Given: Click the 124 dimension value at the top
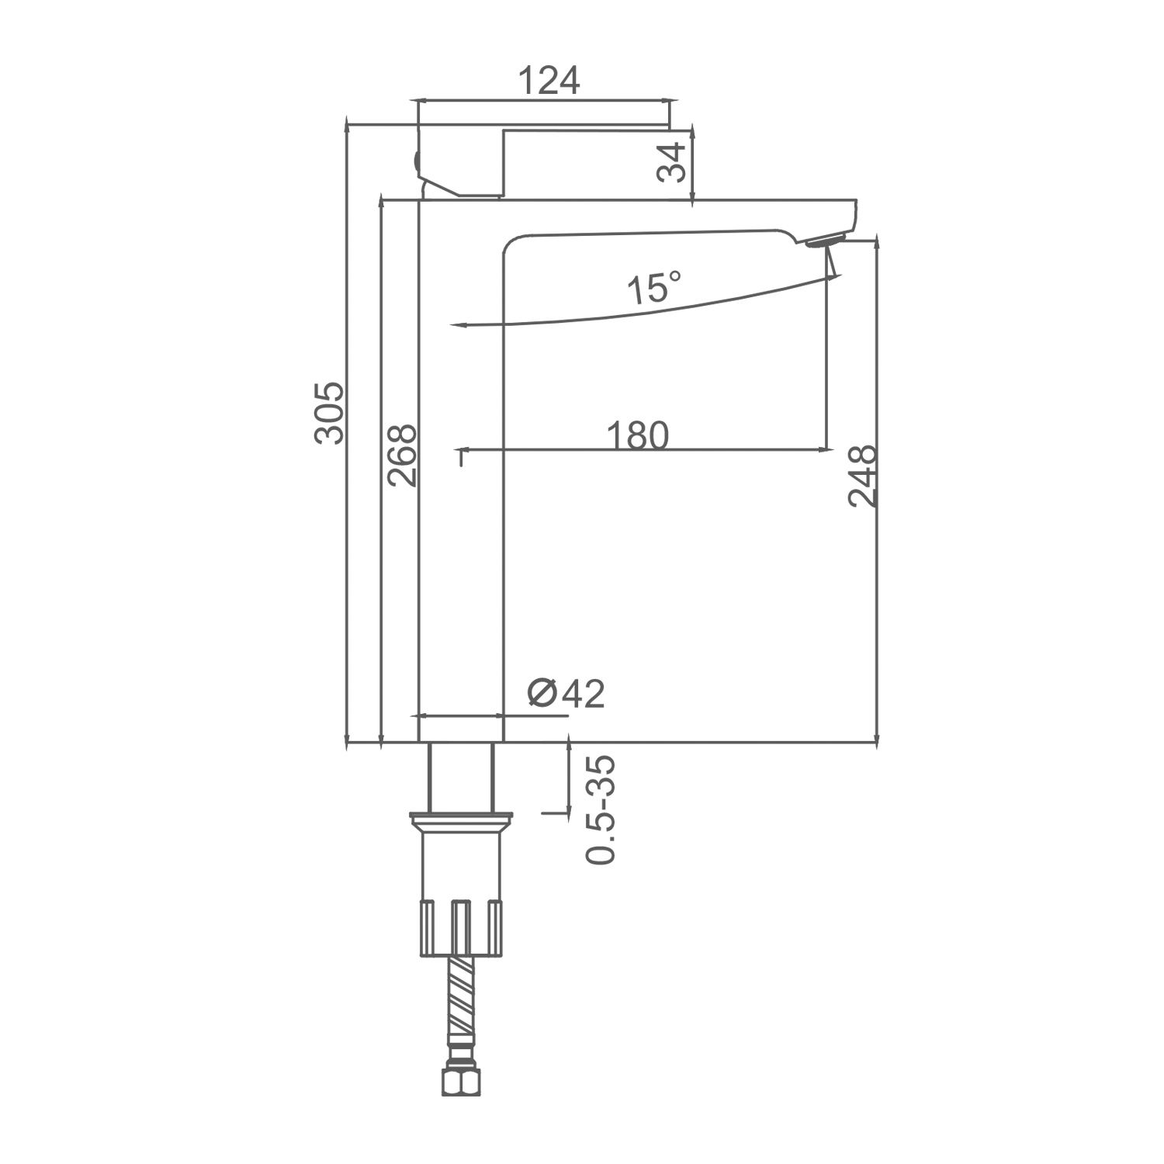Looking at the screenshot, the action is point(549,80).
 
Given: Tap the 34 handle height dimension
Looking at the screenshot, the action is point(672,162).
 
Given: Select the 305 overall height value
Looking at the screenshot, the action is point(328,412).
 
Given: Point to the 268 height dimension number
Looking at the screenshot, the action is point(402,456).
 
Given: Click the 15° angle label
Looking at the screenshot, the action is point(654,287).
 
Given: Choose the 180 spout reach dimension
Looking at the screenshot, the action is point(637,436).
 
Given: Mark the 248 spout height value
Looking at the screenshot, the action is point(862,476).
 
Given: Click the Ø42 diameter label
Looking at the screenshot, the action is point(566,693).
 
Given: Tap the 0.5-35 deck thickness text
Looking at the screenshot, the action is point(601,810).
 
